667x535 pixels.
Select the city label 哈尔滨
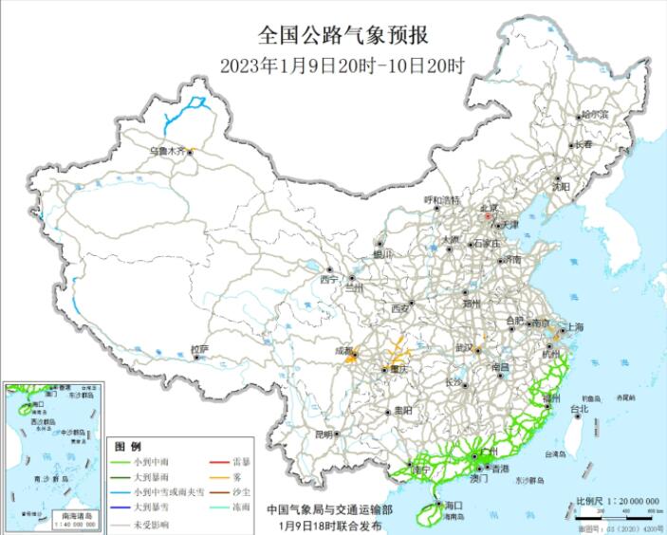click(595, 113)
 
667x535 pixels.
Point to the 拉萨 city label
click(198, 349)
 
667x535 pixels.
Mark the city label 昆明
click(324, 434)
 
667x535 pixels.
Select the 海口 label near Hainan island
click(452, 507)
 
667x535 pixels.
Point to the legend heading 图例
click(128, 446)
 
